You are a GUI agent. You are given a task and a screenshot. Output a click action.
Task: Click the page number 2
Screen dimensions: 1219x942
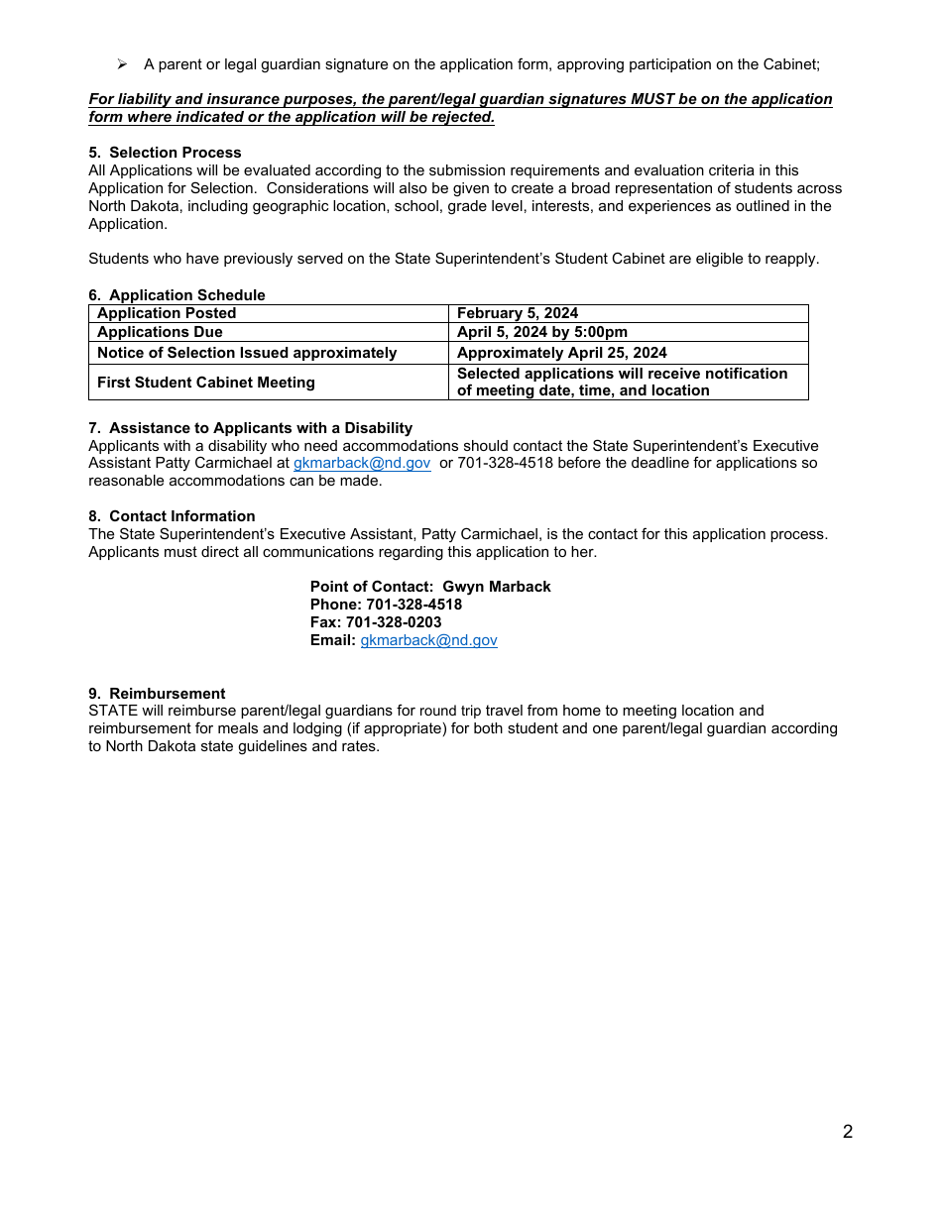point(847,1132)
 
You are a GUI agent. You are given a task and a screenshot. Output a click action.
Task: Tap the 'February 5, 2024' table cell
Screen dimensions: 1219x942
point(517,313)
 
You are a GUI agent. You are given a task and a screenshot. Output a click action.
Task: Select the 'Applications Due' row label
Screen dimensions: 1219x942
point(160,332)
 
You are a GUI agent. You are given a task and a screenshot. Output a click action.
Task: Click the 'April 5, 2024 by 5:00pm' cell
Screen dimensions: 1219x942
point(541,332)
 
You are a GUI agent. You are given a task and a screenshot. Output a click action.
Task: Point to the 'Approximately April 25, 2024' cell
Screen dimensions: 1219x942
point(561,353)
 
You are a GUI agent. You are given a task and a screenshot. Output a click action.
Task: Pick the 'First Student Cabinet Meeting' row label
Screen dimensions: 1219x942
point(206,383)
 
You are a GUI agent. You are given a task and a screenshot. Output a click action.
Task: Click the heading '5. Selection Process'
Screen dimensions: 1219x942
point(165,153)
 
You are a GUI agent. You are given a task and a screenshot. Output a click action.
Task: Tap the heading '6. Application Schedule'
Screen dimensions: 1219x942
point(177,295)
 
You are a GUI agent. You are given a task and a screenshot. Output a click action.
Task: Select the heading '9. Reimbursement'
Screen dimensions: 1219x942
point(157,694)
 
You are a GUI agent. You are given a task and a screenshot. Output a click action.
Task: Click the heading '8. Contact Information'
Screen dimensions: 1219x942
point(172,516)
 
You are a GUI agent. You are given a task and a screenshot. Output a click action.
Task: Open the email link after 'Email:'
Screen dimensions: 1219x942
point(428,640)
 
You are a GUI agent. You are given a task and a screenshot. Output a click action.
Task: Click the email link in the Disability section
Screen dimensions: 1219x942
point(362,463)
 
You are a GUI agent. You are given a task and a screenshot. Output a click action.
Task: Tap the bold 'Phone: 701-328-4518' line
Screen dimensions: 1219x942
point(386,605)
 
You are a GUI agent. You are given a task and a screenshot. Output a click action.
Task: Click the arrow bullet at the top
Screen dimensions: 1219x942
point(122,64)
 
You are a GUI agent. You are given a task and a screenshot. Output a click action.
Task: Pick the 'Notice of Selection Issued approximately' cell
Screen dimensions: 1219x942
point(247,353)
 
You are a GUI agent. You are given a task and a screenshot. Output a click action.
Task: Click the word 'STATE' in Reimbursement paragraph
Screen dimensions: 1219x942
point(109,711)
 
